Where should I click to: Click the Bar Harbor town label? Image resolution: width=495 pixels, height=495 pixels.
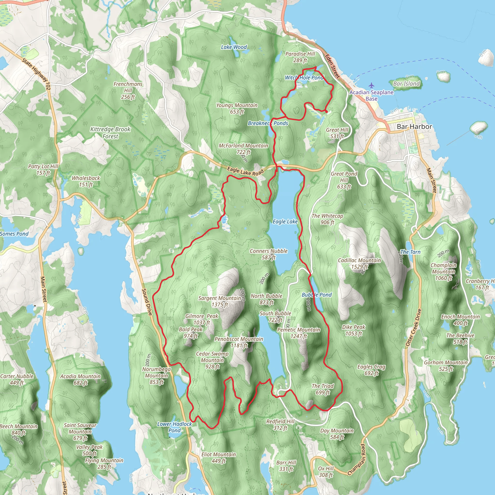click(414, 127)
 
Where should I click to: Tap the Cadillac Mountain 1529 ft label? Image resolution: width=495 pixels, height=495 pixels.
click(359, 263)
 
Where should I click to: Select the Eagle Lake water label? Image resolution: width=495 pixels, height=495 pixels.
click(285, 222)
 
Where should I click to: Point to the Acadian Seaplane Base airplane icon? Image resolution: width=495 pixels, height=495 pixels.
click(371, 85)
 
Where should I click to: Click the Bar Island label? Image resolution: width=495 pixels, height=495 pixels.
click(406, 84)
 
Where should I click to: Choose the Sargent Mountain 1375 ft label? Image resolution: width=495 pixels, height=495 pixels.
click(219, 301)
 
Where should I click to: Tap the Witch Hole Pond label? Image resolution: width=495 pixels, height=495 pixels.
click(304, 78)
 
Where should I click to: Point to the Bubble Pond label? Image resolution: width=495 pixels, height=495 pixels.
click(316, 295)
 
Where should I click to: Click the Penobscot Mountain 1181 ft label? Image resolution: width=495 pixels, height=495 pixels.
click(239, 342)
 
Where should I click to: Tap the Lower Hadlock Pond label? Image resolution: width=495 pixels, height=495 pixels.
click(175, 427)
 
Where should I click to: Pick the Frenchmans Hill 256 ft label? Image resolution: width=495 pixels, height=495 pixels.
click(128, 90)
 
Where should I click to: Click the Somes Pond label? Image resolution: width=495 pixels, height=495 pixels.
click(14, 234)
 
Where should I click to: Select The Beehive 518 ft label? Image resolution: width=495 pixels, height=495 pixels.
click(460, 338)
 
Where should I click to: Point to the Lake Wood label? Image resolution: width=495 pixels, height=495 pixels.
click(234, 47)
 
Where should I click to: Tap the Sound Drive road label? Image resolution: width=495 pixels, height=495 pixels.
click(147, 302)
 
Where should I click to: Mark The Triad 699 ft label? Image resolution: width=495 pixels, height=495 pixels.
click(323, 389)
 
